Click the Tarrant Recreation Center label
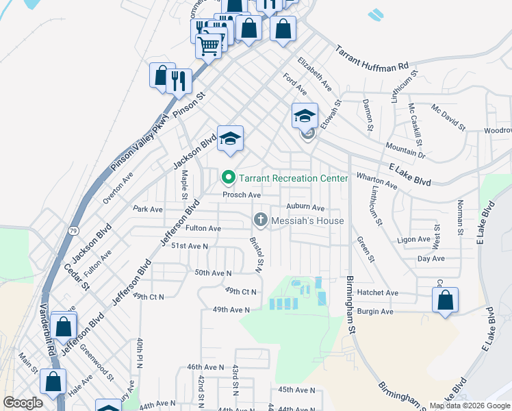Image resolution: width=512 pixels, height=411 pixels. [294, 179]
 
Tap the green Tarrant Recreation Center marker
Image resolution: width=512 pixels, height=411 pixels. [229, 179]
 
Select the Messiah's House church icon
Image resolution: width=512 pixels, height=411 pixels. [260, 221]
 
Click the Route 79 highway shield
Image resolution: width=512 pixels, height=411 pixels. [54, 232]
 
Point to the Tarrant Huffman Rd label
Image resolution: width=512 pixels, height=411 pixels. [371, 60]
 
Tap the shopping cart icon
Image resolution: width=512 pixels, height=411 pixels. [209, 47]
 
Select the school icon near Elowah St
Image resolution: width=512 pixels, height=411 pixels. [305, 116]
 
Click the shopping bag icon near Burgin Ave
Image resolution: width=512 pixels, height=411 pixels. [445, 300]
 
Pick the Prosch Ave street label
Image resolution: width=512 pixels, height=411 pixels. [241, 195]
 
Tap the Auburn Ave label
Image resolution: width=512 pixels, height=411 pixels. [305, 207]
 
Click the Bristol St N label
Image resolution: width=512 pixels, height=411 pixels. [257, 255]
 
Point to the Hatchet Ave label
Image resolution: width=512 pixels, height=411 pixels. [382, 292]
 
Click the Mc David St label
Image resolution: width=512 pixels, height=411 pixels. [448, 117]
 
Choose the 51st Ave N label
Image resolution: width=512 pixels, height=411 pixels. [189, 245]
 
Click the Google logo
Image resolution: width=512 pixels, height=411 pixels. [23, 403]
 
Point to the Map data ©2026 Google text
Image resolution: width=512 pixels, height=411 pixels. [470, 406]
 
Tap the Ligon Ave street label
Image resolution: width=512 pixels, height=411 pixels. [413, 240]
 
